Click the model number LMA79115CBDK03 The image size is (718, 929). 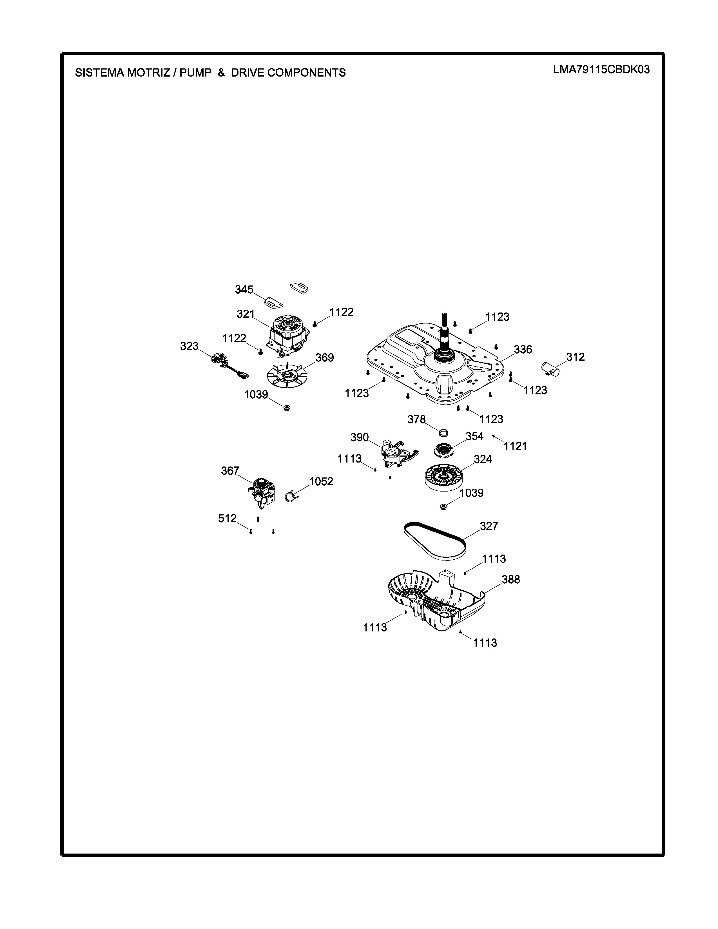coord(601,70)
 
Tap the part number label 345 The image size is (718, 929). coord(244,290)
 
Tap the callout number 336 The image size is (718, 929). coord(523,349)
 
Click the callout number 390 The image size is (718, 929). coord(360,437)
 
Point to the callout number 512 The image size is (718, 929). coord(227,519)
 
